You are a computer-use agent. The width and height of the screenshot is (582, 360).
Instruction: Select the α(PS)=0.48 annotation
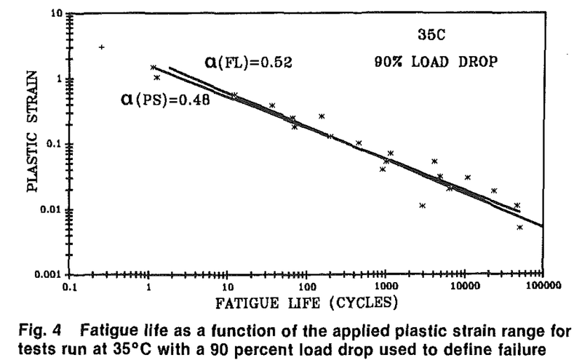[165, 100]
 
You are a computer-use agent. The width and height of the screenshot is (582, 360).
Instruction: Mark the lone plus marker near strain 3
[102, 47]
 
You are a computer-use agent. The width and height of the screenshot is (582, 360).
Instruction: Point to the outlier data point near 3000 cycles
[422, 205]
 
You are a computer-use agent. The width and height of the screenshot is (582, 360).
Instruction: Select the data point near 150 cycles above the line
[321, 116]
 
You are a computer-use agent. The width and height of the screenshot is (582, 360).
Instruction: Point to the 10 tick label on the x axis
[227, 286]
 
